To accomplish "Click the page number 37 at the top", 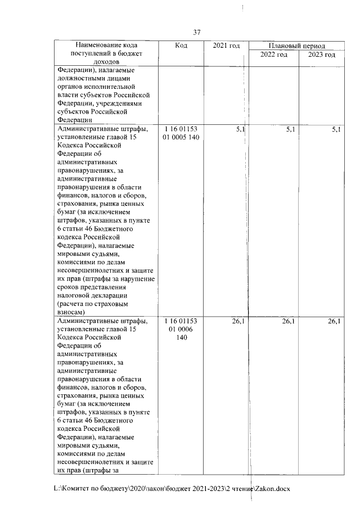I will click(x=196, y=33).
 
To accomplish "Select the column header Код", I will click(x=181, y=45).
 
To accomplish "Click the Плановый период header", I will click(x=296, y=46).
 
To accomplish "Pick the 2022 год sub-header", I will click(x=274, y=55).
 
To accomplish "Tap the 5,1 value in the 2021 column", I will click(x=240, y=129).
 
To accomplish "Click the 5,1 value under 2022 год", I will click(x=290, y=129).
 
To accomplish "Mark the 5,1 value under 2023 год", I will click(x=336, y=129).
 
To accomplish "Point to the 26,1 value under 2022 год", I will click(x=288, y=321).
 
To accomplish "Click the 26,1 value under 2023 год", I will click(x=334, y=321).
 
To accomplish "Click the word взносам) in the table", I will click(x=71, y=312).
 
